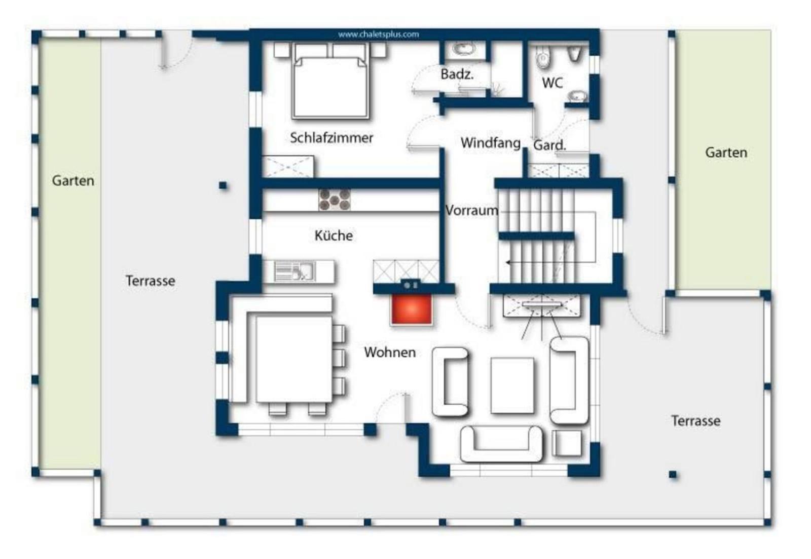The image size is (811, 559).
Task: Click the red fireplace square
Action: [x=411, y=309]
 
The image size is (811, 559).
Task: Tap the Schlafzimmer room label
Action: [x=331, y=137]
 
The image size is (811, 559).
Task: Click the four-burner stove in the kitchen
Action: [x=334, y=200]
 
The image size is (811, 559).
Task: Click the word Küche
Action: [x=334, y=235]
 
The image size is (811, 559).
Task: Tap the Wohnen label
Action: [x=390, y=352]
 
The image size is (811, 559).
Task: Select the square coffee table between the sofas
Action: [x=512, y=385]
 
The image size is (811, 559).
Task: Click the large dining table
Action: [x=294, y=359]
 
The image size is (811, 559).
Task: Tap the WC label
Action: [x=552, y=83]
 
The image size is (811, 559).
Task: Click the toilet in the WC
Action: [x=543, y=57]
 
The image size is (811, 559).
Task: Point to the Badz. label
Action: [x=457, y=74]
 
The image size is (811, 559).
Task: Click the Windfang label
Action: [x=491, y=143]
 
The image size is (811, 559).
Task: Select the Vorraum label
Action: [x=471, y=211]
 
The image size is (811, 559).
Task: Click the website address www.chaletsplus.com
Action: [x=378, y=34]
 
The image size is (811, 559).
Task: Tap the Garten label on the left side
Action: [x=73, y=181]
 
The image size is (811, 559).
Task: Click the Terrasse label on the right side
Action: [x=695, y=421]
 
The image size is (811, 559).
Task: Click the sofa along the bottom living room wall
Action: [x=501, y=444]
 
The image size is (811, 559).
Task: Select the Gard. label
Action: [x=549, y=145]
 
